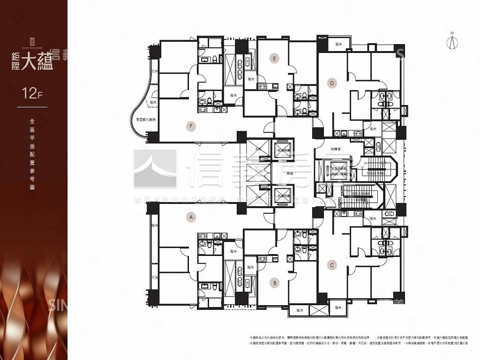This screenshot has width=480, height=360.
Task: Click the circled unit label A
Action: coord(190,217)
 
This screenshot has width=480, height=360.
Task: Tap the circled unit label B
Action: coord(275,283)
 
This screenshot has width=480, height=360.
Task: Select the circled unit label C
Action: coord(332,265)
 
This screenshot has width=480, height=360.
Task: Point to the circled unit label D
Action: coord(332,83)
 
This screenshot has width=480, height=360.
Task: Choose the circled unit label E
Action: coord(275,58)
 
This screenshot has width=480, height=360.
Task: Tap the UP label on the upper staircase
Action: coord(362,167)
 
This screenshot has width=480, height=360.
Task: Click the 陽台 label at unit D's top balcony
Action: coord(339,44)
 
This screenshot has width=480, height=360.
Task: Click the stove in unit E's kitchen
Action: coord(262,86)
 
